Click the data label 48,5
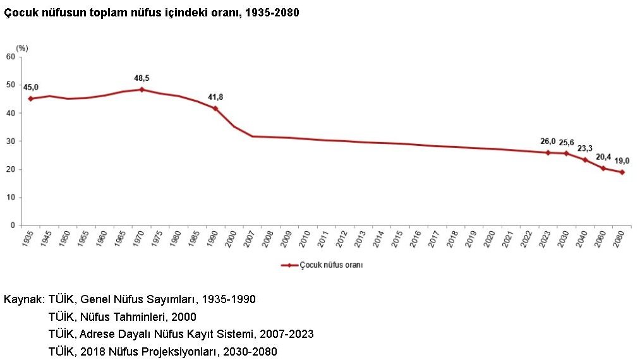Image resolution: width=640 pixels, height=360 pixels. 142,78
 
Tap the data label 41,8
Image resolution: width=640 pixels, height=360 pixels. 215,97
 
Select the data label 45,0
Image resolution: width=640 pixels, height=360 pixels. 30,87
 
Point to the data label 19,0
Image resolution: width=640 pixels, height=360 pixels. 622,161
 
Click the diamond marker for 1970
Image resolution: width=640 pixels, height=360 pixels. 142,90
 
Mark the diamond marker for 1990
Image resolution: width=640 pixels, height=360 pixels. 215,109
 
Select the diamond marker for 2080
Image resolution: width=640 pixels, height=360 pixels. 622,172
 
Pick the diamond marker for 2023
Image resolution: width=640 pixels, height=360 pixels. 548,153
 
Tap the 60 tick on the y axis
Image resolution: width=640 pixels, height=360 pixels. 10,57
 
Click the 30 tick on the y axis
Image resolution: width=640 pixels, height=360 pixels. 10,141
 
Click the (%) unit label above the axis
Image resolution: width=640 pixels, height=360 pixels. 22,47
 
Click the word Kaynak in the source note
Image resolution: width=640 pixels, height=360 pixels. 21,299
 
